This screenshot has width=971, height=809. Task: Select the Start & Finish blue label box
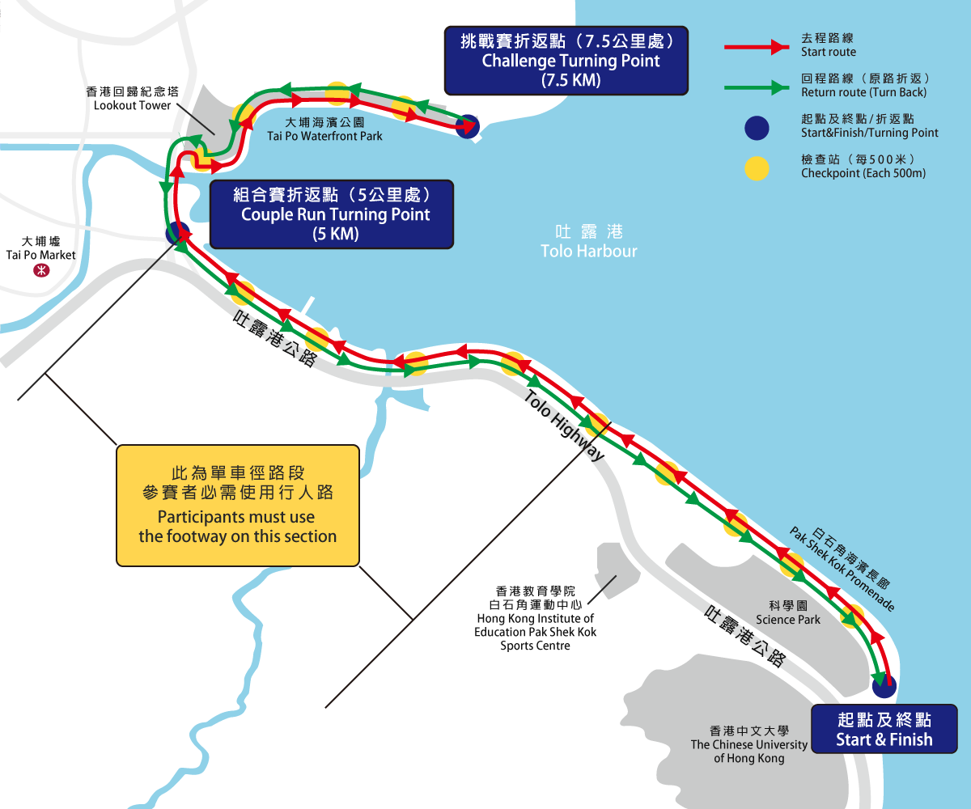pyautogui.click(x=884, y=730)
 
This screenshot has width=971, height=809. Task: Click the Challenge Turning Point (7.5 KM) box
pyautogui.click(x=566, y=61)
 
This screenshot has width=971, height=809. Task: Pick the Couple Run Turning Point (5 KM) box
pyautogui.click(x=332, y=214)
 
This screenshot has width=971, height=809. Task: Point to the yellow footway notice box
pyautogui.click(x=238, y=505)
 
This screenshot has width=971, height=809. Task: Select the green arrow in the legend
pyautogui.click(x=756, y=86)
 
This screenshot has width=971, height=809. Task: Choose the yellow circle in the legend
pyautogui.click(x=756, y=167)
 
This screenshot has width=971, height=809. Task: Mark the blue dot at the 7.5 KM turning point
pyautogui.click(x=467, y=125)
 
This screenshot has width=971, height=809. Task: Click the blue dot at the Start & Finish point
pyautogui.click(x=885, y=686)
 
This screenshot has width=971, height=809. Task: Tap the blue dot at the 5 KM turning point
pyautogui.click(x=176, y=233)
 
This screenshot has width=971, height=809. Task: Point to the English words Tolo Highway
pyautogui.click(x=564, y=426)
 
